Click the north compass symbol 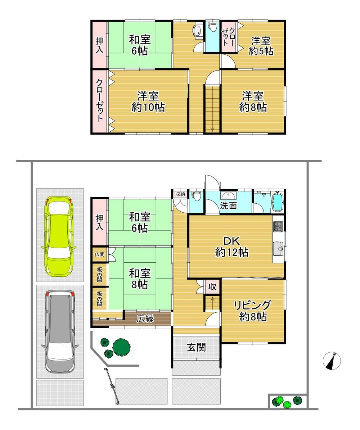coord(332,361)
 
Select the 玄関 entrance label coord(197,348)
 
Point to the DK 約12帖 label coord(232,246)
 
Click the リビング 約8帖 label coord(253,311)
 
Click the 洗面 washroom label coord(228,206)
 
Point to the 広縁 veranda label coord(145,318)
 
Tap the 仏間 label coord(100,254)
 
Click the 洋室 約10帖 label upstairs coord(148,102)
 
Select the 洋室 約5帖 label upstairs coord(261,46)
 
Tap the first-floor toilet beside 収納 coord(196,196)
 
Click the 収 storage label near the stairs coord(213,287)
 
